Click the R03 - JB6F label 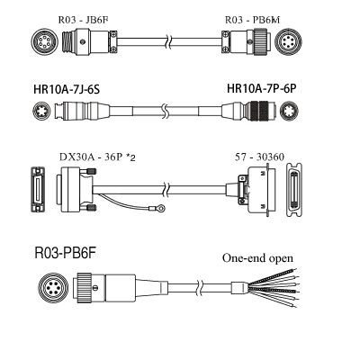pos(83,20)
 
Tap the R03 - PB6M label pos(252,20)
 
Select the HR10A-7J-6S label pos(67,89)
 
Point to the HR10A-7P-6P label pos(262,88)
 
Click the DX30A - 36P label pos(91,157)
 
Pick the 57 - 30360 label pos(259,157)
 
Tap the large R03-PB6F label pos(66,253)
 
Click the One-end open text pos(257,258)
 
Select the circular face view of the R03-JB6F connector pos(44,41)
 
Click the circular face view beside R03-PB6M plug pos(289,41)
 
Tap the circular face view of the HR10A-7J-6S pos(41,111)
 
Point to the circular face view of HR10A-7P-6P pos(289,111)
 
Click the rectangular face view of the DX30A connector pos(38,190)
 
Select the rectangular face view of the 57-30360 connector pos(294,190)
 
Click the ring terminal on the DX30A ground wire pos(161,207)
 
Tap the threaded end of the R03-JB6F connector pos(68,41)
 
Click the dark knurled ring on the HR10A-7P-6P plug pos(259,110)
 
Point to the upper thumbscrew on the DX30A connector pos(91,172)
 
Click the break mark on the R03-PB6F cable pos(199,287)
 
